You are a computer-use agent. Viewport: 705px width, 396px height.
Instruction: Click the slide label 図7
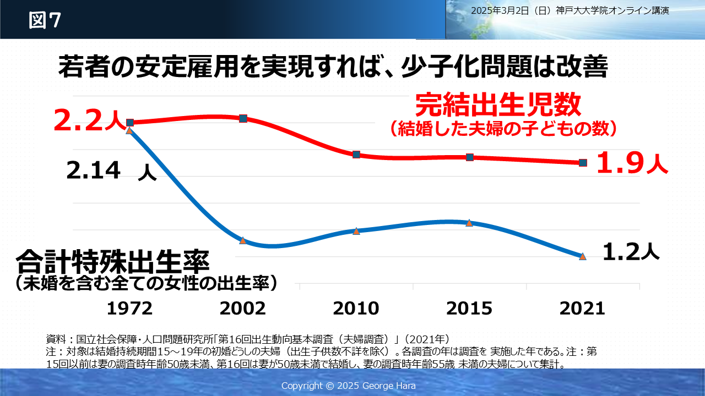45,20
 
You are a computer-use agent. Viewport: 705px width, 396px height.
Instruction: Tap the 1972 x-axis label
129,308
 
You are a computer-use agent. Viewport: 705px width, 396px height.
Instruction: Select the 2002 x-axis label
242,308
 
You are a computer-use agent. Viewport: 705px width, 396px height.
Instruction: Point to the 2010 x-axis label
356,308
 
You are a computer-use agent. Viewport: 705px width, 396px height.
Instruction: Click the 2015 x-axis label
469,308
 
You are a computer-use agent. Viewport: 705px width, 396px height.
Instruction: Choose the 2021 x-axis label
582,308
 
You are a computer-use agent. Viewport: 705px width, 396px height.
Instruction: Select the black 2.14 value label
94,171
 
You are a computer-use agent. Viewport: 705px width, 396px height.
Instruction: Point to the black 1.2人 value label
631,252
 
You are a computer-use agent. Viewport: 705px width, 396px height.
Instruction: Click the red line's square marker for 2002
243,118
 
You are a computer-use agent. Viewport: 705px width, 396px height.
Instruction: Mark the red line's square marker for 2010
356,155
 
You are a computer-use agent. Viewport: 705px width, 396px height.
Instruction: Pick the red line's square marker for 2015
470,157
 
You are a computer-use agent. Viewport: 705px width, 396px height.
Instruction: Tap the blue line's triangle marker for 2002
243,240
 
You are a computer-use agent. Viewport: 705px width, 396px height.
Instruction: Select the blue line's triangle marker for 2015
469,223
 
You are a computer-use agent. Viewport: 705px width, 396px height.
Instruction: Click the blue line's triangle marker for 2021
583,256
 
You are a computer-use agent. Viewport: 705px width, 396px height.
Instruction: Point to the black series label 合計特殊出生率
112,263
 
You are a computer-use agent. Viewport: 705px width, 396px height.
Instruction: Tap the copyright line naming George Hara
349,385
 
